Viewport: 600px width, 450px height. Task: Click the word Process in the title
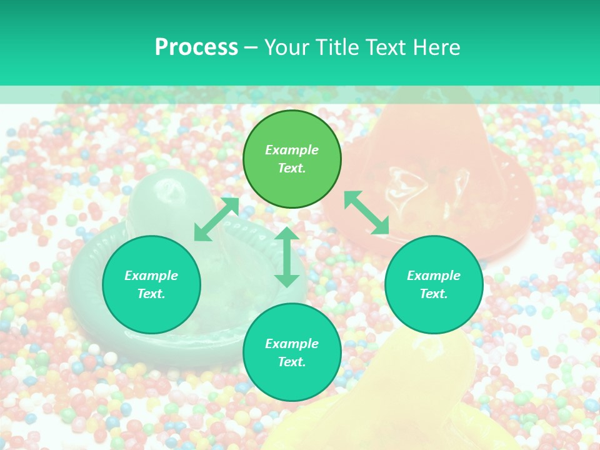(196, 47)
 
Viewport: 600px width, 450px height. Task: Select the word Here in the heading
(436, 47)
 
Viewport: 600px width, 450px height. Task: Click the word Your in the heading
(287, 47)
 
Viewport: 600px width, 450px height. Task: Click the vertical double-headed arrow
(287, 257)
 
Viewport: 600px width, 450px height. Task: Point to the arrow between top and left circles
(216, 219)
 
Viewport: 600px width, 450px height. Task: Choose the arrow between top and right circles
(367, 212)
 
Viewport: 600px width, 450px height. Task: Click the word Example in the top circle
(292, 150)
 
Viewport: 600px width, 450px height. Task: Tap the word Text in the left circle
(151, 294)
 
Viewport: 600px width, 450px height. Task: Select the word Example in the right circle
(434, 276)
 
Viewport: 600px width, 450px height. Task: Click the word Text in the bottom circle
(292, 362)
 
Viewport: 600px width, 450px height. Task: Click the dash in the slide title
(251, 47)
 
